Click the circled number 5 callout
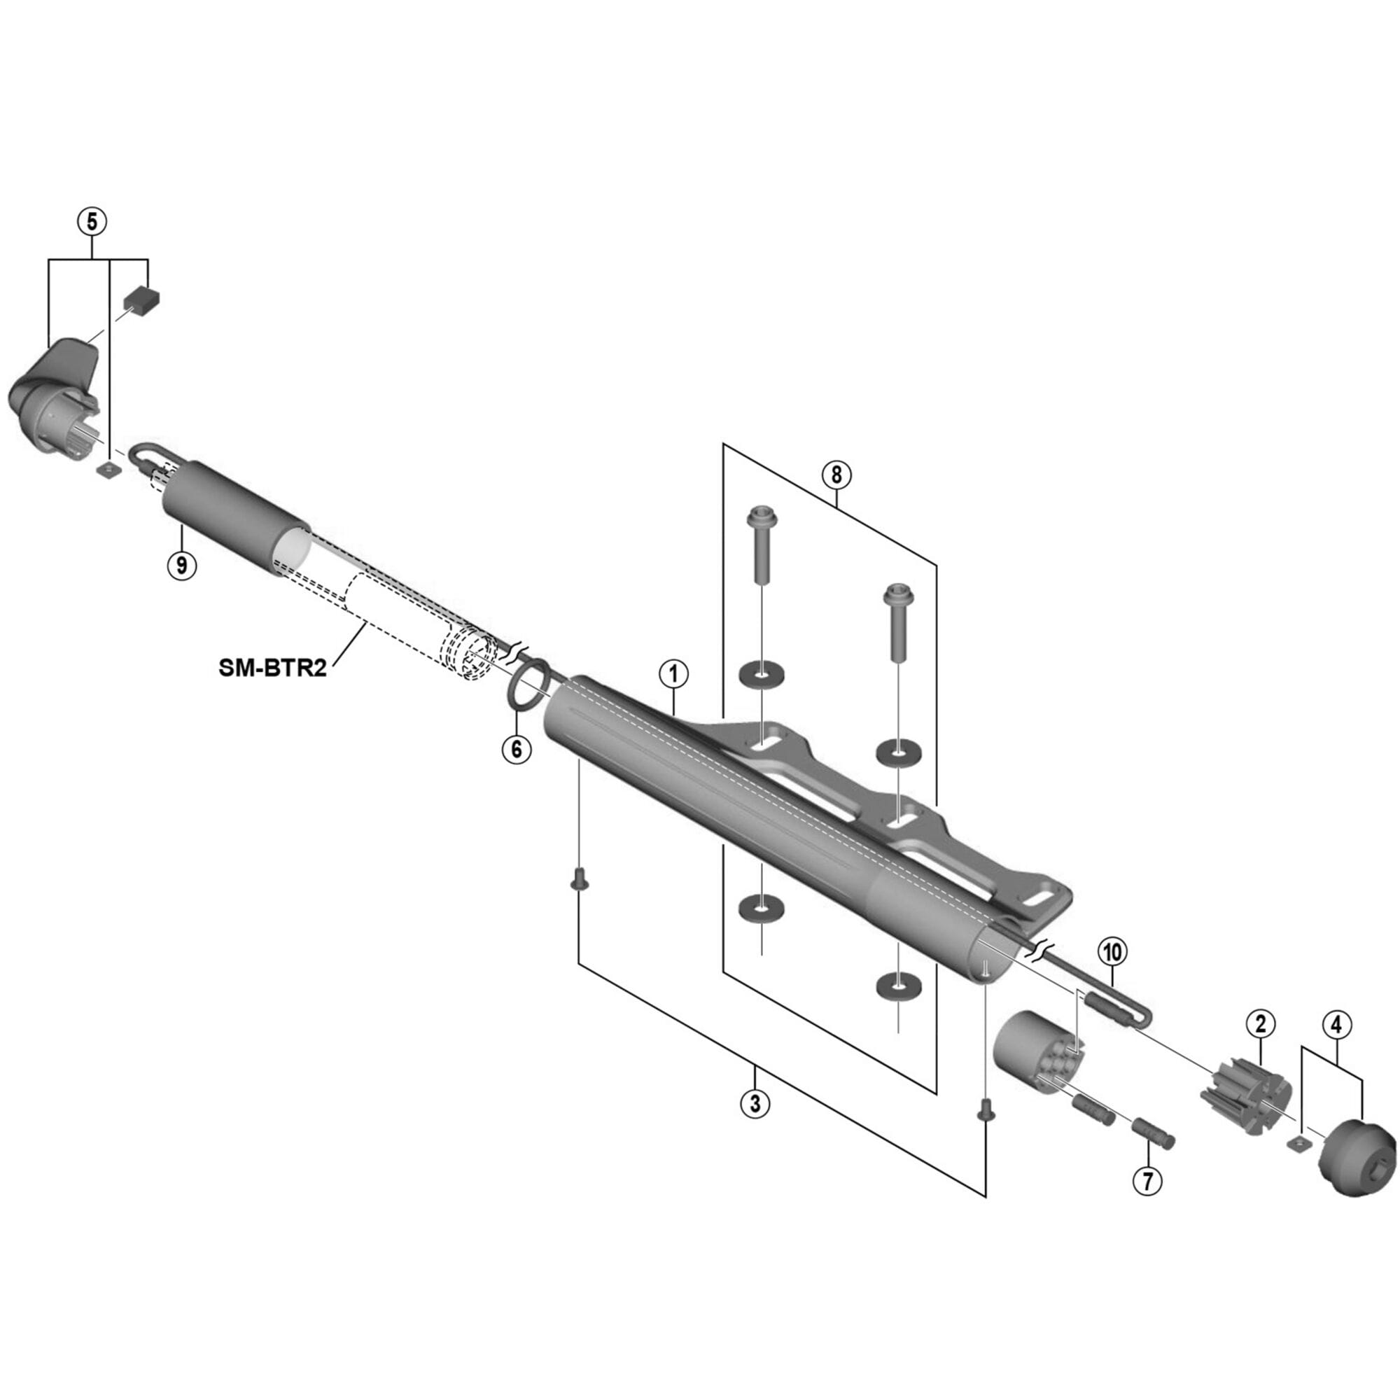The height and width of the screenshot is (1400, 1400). pyautogui.click(x=92, y=222)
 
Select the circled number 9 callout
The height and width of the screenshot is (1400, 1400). pyautogui.click(x=182, y=563)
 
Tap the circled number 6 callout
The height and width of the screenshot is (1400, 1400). pyautogui.click(x=516, y=748)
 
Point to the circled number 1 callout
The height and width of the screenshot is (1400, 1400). pyautogui.click(x=673, y=675)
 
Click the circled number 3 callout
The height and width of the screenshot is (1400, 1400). pyautogui.click(x=755, y=1104)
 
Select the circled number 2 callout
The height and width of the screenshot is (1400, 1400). pyautogui.click(x=1260, y=1024)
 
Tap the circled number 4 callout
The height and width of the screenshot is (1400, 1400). pyautogui.click(x=1336, y=1024)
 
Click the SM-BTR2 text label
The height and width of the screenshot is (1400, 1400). pyautogui.click(x=272, y=667)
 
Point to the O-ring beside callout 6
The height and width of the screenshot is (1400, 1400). pyautogui.click(x=528, y=683)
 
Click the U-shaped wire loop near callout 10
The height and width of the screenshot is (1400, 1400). pyautogui.click(x=1119, y=1009)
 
